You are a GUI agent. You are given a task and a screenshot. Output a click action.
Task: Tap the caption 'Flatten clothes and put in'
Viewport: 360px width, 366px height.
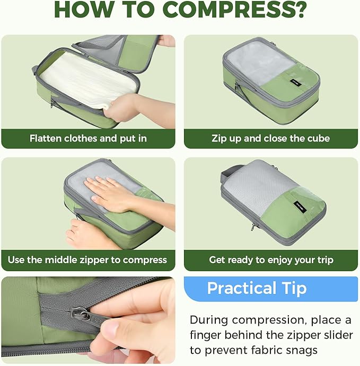tap(88, 139)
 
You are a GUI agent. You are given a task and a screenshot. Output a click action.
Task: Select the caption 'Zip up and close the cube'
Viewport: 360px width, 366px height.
tap(270, 139)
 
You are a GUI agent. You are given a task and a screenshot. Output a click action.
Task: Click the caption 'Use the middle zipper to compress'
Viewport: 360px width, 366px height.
tap(87, 260)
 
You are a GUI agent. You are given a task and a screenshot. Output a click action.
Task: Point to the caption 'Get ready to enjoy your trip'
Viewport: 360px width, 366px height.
tap(271, 260)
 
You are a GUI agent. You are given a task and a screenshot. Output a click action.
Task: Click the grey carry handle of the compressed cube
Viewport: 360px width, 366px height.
tap(229, 172)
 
